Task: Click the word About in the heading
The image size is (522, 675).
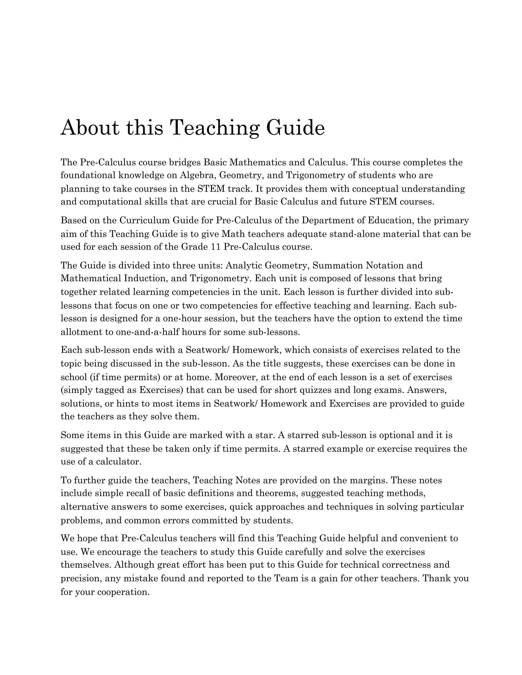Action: (90, 127)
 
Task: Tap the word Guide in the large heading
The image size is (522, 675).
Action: (295, 127)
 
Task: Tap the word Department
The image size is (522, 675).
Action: (333, 220)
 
